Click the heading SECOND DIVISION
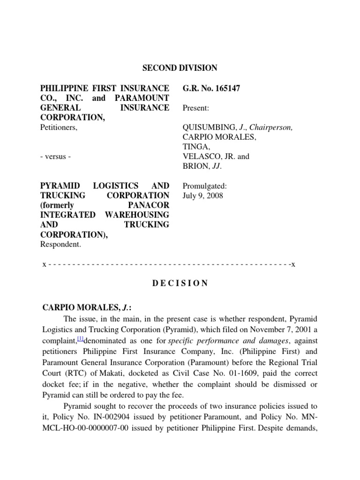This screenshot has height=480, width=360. click(180, 68)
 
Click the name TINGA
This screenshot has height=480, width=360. click(193, 147)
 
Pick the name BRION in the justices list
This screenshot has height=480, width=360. click(194, 166)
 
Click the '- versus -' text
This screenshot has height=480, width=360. click(56, 157)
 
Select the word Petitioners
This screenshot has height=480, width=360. click(59, 127)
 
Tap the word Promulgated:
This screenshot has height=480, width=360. click(204, 186)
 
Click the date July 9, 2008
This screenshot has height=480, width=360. click(203, 195)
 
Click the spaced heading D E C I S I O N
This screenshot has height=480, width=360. click(180, 284)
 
